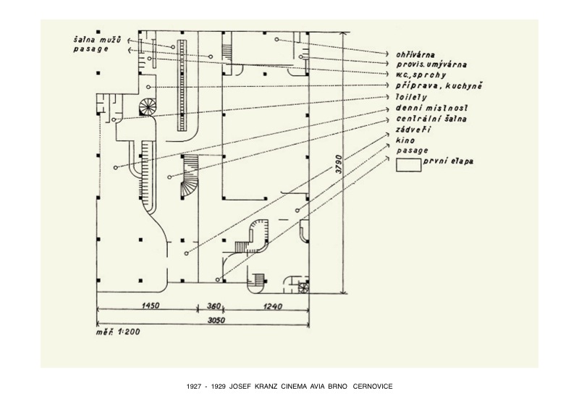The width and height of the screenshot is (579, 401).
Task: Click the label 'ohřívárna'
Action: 415,54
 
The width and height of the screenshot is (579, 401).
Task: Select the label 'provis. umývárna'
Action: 431,64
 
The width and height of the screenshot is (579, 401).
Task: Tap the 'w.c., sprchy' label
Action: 421,75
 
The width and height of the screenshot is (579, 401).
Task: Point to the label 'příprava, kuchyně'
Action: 439,85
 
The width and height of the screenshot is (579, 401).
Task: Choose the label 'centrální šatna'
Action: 431,119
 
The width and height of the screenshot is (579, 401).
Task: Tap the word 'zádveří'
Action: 413,130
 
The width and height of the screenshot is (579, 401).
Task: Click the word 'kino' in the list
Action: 405,140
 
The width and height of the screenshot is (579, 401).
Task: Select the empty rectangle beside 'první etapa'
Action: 408,165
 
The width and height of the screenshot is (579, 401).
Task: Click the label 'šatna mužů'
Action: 97,40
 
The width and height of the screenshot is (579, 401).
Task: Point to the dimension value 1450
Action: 151,305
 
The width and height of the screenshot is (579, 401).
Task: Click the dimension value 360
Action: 214,305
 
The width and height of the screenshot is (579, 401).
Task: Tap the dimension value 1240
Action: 273,306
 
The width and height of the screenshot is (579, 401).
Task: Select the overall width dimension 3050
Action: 216,320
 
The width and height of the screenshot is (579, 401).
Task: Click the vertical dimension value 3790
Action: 338,164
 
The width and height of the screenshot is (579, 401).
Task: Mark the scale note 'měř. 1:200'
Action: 118,332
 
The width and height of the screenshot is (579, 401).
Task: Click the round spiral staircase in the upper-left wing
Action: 148,106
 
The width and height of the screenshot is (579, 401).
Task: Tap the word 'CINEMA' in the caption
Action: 294,387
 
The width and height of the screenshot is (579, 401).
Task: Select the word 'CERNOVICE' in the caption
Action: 373,387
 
